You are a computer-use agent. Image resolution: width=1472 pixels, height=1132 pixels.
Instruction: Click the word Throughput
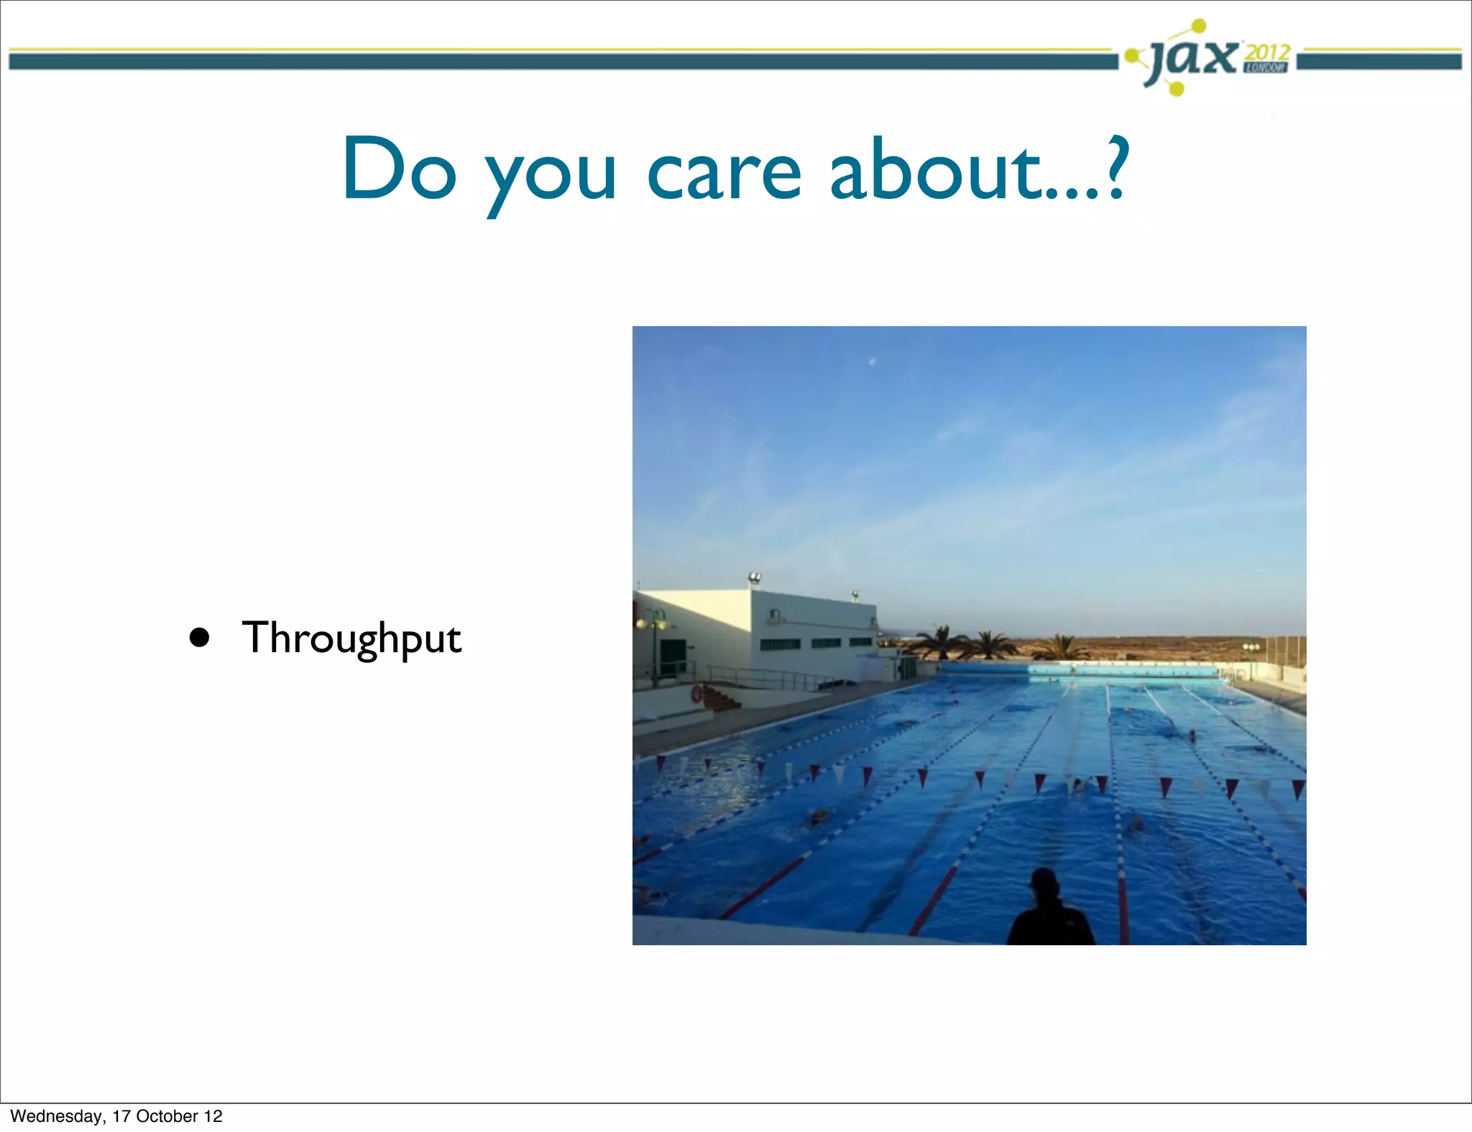(x=351, y=638)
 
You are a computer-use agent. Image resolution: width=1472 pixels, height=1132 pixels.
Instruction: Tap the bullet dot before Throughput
(x=199, y=638)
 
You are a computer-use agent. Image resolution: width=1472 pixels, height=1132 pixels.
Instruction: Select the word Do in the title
(x=400, y=170)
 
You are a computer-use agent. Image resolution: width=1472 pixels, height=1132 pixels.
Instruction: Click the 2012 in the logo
(x=1268, y=52)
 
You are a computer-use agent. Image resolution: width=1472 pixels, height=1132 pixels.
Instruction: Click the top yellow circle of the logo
(x=1199, y=27)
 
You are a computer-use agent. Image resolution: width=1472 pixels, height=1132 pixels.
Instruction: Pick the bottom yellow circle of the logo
(x=1176, y=89)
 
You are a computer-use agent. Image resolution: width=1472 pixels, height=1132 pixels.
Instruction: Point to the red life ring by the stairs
(x=696, y=694)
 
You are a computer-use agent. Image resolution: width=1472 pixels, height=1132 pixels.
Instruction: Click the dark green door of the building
(x=671, y=658)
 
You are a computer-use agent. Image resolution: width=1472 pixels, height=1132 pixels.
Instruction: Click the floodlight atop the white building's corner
(x=754, y=577)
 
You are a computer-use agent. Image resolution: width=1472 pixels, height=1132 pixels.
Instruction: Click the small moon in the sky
(x=873, y=361)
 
